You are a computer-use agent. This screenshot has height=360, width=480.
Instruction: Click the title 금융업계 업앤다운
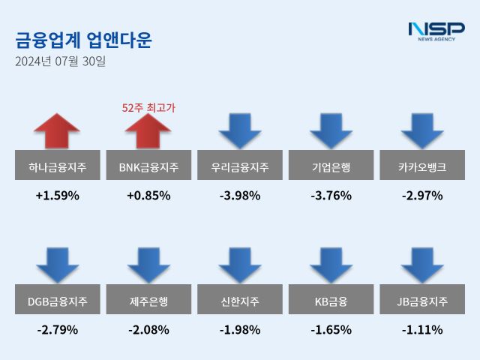pos(82,40)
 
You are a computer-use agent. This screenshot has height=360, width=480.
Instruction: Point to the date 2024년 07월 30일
pos(61,61)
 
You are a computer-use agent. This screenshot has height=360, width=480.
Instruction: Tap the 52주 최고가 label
pos(148,107)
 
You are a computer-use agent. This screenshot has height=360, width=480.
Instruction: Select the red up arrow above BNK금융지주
pos(148,133)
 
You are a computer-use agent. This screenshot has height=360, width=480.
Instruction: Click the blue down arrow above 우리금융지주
pos(240,131)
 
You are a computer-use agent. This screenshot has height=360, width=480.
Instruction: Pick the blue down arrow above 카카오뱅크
pos(422,131)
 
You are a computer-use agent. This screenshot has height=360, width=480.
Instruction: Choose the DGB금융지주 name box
pos(57,301)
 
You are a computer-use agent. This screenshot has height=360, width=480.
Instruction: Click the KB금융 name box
pos(331,301)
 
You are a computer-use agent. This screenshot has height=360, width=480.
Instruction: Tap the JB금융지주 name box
pos(422,301)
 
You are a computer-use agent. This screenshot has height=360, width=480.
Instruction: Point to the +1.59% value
pos(57,196)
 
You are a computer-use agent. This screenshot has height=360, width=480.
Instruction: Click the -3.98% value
pos(240,196)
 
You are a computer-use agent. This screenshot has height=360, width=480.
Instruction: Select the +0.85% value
pos(148,196)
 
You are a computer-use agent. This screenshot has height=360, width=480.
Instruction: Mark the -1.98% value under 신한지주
pos(240,329)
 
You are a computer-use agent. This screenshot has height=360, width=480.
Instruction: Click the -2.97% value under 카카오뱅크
pos(422,196)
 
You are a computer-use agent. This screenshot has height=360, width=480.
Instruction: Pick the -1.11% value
pos(422,329)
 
